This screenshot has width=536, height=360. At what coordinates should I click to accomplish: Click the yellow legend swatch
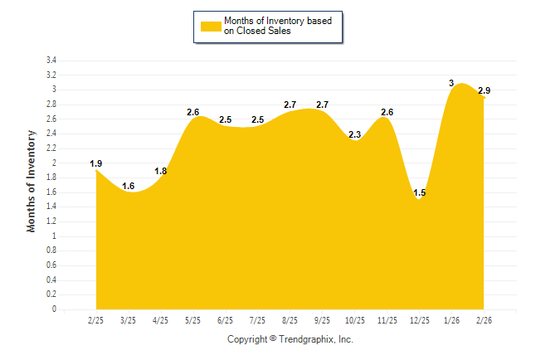click(x=211, y=26)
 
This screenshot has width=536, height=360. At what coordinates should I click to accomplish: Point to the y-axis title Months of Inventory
click(x=32, y=180)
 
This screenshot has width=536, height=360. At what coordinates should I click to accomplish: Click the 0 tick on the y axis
click(x=54, y=309)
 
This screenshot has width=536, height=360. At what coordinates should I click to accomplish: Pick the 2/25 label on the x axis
click(x=96, y=319)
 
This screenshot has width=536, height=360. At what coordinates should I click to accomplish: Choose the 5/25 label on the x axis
click(x=193, y=319)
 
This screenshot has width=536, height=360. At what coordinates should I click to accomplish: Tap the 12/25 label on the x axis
click(x=419, y=319)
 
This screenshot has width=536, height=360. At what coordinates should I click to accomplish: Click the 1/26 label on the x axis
click(x=451, y=319)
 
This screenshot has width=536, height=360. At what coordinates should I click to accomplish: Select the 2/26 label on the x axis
click(x=484, y=319)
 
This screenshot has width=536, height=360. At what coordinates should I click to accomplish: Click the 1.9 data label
click(x=96, y=163)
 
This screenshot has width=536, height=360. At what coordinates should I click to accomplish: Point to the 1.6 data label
click(x=129, y=186)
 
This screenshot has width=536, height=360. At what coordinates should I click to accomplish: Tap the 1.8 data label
click(x=161, y=171)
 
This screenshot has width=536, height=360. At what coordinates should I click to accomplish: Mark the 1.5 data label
click(x=419, y=193)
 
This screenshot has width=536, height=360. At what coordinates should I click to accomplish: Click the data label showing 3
click(x=451, y=83)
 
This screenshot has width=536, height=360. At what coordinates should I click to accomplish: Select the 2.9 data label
click(x=484, y=90)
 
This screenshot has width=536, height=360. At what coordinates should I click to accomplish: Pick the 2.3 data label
click(x=355, y=134)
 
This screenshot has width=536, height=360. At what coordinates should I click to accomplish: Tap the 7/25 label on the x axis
click(x=258, y=319)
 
